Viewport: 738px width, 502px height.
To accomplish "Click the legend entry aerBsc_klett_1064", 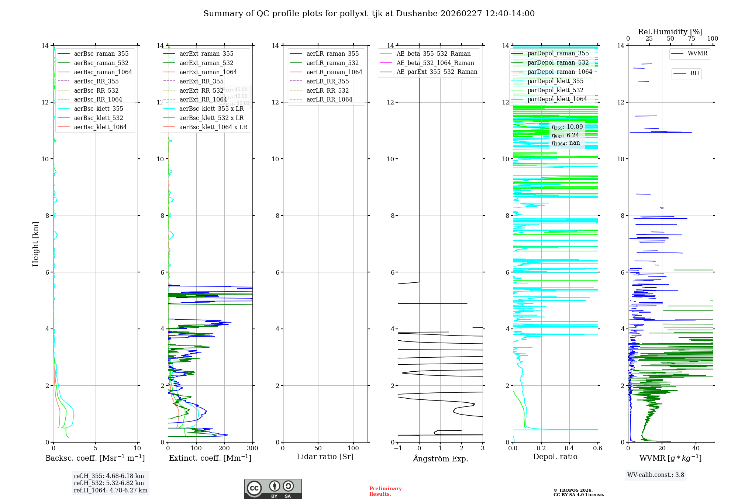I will pos(100,127).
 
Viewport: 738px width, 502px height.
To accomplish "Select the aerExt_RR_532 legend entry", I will pos(201,90).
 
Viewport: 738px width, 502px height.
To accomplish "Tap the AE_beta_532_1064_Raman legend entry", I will pos(435,63).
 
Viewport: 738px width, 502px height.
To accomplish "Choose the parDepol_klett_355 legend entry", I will pos(555,81).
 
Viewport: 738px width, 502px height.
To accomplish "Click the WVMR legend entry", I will pos(697,54).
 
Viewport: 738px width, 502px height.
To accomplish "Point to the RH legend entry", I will pos(694,73).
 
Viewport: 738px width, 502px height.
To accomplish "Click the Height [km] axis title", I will pos(35,244).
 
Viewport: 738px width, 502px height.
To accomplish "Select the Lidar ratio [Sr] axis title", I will pos(325,457).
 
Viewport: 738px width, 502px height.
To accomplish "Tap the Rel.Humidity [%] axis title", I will pos(670,32).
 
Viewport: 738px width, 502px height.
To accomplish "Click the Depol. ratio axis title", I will pos(555,457).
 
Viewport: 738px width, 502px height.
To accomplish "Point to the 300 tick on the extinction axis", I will pos(253,448).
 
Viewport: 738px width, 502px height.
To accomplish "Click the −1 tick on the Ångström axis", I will pos(398,448).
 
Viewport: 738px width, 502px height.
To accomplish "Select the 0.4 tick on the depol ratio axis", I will pos(569,448).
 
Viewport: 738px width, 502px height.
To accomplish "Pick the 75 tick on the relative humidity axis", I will pos(692,39).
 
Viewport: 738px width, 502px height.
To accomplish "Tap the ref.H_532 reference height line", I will pos(109,483).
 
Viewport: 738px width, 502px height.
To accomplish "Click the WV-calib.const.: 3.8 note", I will pos(656,475).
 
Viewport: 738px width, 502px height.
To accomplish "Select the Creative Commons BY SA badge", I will pos(273,489).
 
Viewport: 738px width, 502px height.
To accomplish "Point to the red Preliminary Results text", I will pos(385,491).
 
